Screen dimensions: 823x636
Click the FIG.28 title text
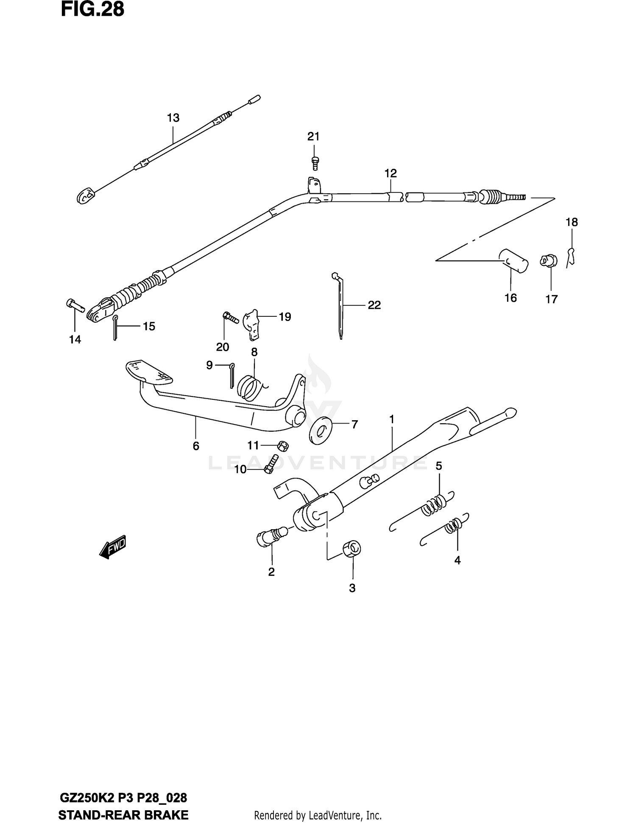coord(92,9)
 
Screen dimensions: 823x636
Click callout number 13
coord(173,118)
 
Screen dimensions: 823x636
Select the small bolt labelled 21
coord(315,162)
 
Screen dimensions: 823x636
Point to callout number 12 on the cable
coord(391,173)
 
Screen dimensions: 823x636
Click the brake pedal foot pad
coord(149,372)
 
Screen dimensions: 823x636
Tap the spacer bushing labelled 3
coord(352,549)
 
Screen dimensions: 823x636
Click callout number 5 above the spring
coord(439,466)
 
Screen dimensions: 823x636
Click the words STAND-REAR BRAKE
coord(123,815)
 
